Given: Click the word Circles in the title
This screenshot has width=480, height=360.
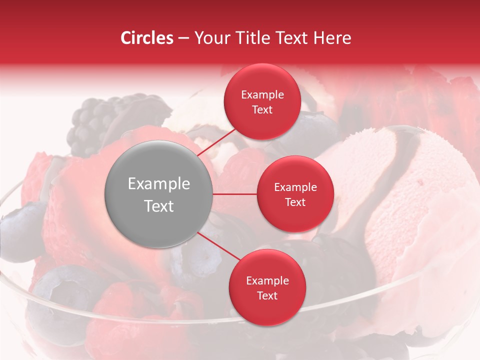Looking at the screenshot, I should coord(146,38).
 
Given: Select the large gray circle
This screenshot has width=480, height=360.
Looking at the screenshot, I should coord(159,194).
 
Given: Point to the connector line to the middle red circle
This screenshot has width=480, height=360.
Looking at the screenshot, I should coord(235,194).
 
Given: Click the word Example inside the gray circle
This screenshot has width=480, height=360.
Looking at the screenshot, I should coord(159,184).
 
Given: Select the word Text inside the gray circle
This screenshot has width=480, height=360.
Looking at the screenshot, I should coord(159,206).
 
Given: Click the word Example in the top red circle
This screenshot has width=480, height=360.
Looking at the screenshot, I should coord(262,94).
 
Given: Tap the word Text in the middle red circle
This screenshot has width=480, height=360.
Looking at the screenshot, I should coord(295,202).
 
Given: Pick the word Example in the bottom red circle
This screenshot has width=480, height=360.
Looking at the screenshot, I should coord(267,280).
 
